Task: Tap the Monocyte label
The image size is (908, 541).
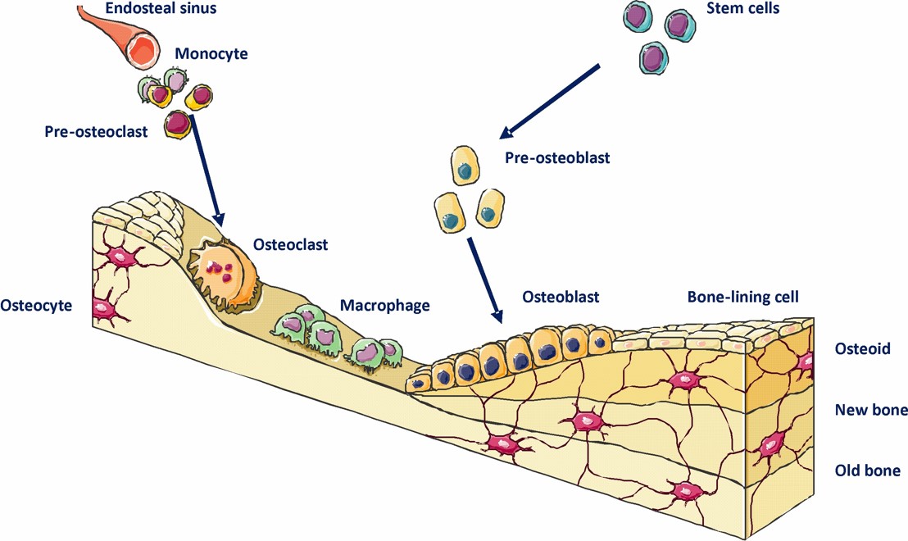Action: [211, 54]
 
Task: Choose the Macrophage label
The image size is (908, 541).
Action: [384, 306]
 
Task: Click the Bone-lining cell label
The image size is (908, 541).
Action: [742, 295]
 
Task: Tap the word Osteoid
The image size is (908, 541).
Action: [862, 349]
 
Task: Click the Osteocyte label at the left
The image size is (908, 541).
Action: [37, 306]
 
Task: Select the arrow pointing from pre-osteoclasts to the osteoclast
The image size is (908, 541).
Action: [206, 172]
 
